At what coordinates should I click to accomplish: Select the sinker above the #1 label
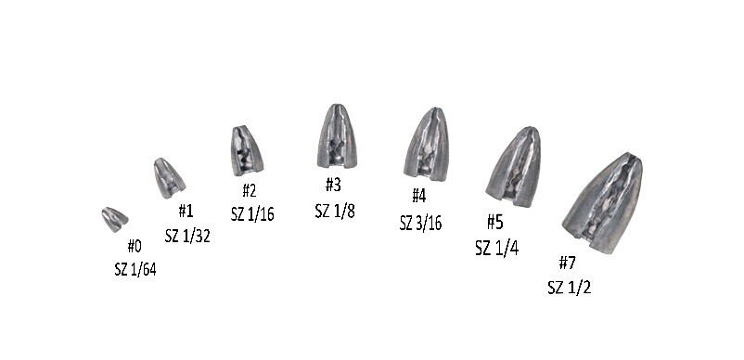point(169,177)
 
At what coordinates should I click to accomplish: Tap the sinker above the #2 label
point(246,150)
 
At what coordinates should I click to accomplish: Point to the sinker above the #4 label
point(426,143)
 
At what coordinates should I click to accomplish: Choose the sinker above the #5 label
point(513,166)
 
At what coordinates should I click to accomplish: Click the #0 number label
point(135,246)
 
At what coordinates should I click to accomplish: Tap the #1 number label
point(186,212)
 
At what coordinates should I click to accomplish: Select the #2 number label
point(249,190)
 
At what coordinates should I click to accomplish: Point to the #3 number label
point(333,185)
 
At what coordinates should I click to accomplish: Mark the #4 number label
point(419,196)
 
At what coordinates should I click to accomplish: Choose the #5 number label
point(495,222)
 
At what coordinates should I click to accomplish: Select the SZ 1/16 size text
point(249,214)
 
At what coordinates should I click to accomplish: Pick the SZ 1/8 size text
point(336,210)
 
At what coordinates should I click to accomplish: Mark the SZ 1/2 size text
point(569,287)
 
